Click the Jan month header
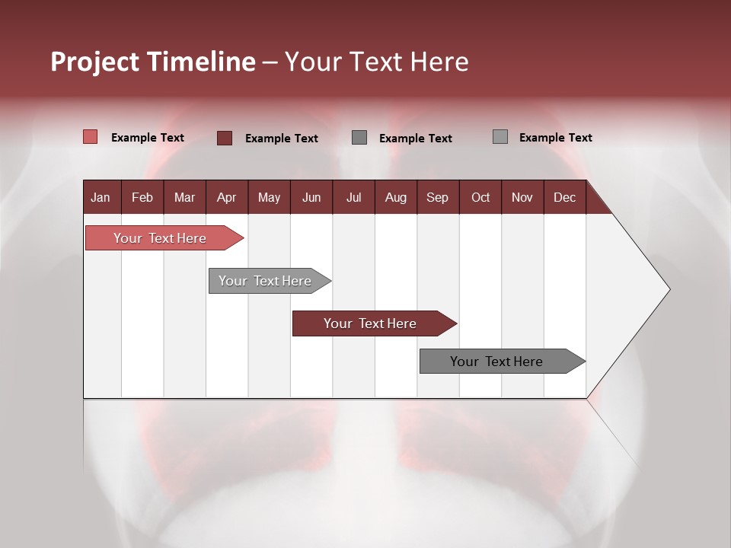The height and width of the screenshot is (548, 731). point(101,197)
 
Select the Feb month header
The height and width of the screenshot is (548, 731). point(142,197)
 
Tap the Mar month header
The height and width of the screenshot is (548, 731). point(184,197)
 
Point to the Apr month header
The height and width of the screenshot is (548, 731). point(226,197)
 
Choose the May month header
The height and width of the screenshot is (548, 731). point(269,197)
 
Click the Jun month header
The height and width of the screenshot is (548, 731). point(311,197)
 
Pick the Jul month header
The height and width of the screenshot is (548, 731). point(353,197)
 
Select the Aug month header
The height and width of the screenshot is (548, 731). point(395,197)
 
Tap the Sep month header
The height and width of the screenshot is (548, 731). point(437,197)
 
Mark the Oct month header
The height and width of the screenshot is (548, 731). point(480,197)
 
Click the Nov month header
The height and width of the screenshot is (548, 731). point(522,197)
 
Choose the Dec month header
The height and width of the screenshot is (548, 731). point(564,197)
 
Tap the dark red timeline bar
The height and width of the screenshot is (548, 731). point(371,323)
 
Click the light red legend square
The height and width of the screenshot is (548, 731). point(90,137)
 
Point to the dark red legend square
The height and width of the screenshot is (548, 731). point(225,138)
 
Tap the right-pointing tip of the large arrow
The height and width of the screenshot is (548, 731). point(668,289)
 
